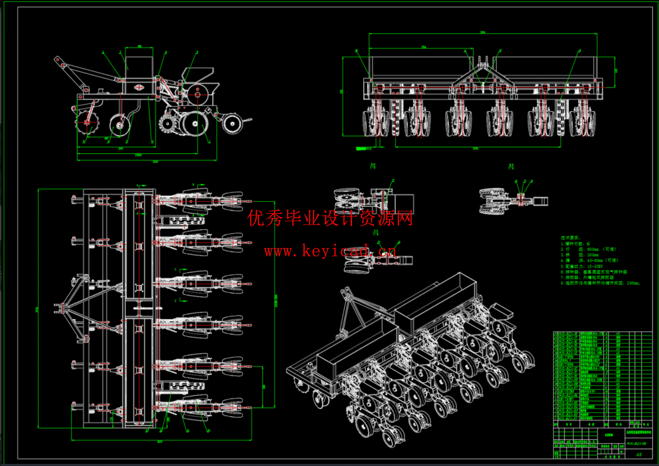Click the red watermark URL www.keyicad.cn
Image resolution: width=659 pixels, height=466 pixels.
(329, 251)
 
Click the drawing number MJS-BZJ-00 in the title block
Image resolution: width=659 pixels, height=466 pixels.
(636, 443)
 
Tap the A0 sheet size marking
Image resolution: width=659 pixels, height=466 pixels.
(639, 454)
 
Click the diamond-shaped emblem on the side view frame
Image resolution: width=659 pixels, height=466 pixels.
(139, 87)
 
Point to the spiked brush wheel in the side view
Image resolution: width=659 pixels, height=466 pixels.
(167, 124)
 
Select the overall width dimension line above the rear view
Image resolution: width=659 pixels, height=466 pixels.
(483, 34)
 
